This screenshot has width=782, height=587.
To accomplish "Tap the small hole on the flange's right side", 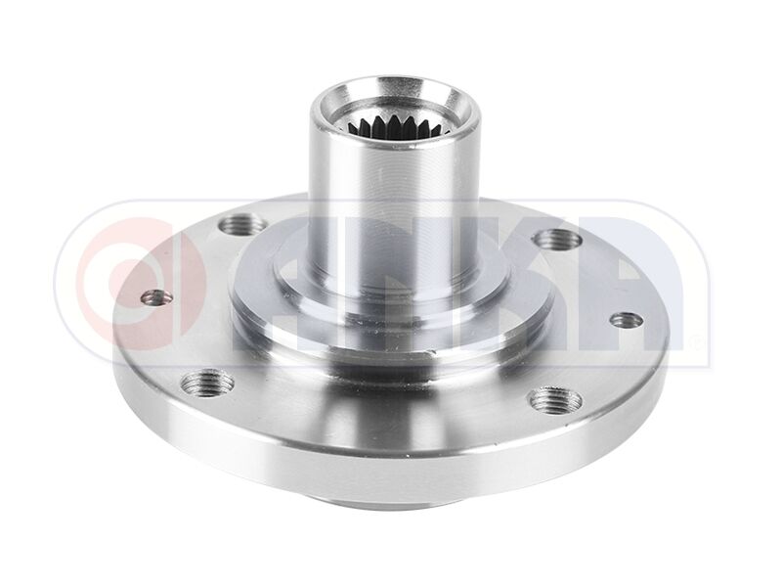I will click(x=619, y=318).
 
